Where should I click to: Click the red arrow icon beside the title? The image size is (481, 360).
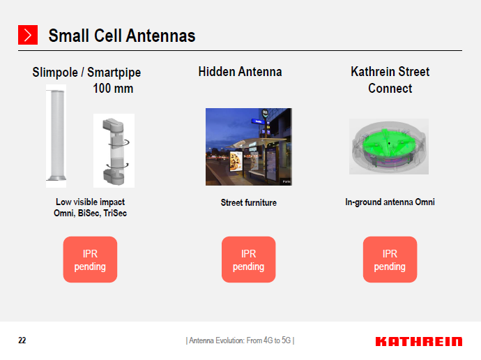click(27, 35)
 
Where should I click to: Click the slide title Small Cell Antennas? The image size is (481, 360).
click(121, 36)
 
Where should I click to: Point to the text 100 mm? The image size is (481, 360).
click(113, 89)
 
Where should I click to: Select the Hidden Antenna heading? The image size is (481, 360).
click(240, 72)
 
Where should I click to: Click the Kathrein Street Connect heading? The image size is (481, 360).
click(390, 80)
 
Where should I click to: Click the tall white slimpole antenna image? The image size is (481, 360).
click(56, 135)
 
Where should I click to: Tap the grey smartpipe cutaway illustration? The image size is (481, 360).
click(114, 150)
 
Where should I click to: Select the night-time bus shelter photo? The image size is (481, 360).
click(248, 147)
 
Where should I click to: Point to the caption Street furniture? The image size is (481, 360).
click(249, 203)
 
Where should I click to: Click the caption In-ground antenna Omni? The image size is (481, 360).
click(390, 202)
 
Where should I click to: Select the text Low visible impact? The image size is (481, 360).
click(90, 202)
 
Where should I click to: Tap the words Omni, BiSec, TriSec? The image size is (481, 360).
click(90, 213)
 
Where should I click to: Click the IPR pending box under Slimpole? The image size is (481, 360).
click(90, 260)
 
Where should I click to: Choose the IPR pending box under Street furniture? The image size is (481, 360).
click(248, 260)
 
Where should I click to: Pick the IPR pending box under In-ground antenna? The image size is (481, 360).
click(390, 260)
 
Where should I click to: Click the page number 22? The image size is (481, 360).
click(22, 340)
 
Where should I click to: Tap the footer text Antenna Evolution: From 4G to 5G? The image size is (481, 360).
click(240, 340)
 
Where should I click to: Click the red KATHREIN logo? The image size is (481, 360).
click(418, 341)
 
